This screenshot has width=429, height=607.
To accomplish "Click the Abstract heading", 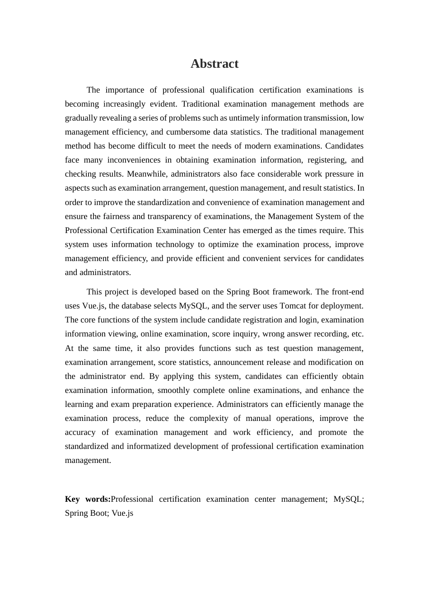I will [214, 64].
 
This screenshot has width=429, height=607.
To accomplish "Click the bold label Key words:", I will [88, 499].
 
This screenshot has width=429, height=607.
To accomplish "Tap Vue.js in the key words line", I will [122, 513].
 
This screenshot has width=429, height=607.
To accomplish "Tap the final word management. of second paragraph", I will [88, 460].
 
